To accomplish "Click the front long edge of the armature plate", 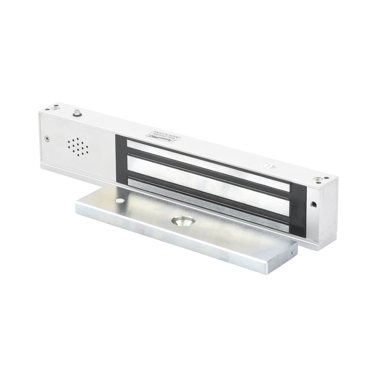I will (181, 249).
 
